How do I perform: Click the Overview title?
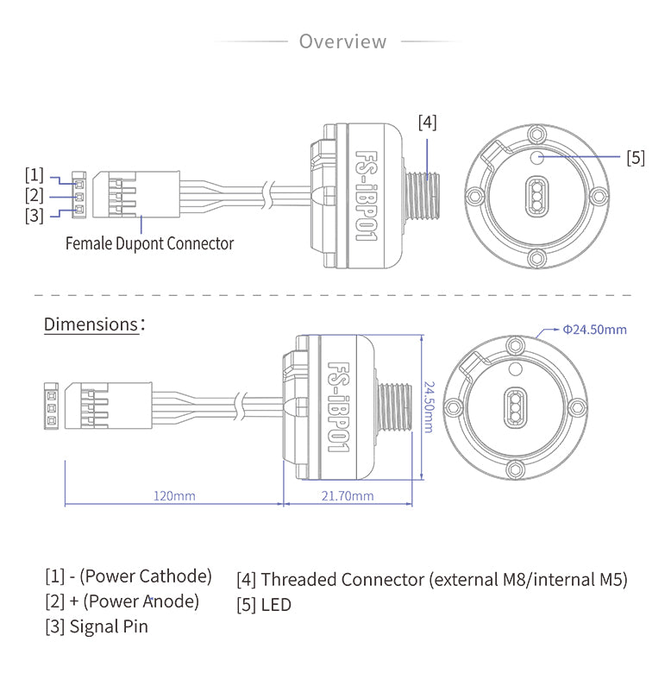(x=342, y=41)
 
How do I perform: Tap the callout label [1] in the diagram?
(x=34, y=175)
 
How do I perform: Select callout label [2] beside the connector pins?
(x=34, y=195)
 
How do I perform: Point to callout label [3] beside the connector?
(x=34, y=215)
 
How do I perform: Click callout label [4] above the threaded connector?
(x=427, y=123)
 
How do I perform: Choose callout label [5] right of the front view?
(x=636, y=157)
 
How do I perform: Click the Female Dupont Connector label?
(x=149, y=243)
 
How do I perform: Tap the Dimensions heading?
(x=91, y=324)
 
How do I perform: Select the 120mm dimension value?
(x=174, y=495)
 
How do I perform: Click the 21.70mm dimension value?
(x=348, y=495)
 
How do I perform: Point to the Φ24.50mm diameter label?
(x=594, y=329)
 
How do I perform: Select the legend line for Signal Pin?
(x=97, y=626)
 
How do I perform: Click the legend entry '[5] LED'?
(x=264, y=604)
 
